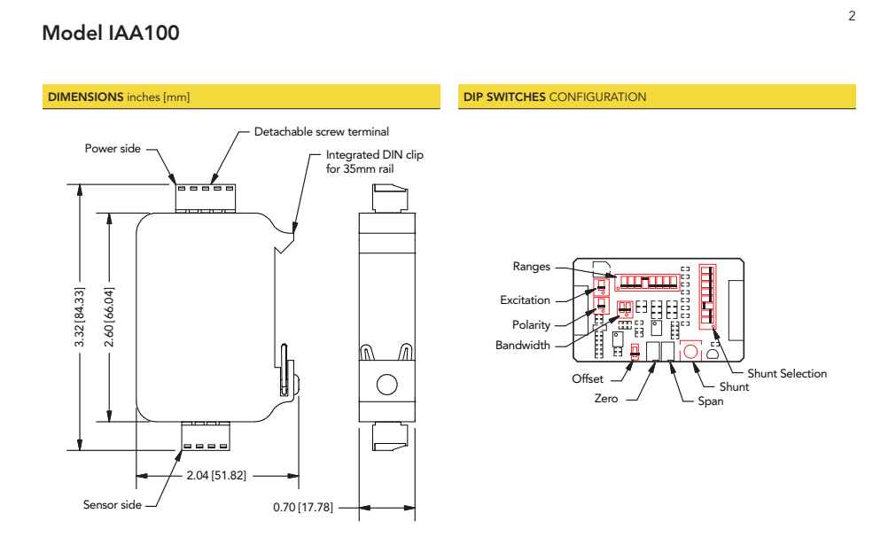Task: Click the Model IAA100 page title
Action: pos(111,34)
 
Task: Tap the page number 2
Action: pos(852,16)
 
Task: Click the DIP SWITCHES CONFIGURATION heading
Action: pos(555,97)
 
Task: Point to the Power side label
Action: pos(113,148)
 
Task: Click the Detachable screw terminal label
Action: pos(322,132)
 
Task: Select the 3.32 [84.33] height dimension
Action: pos(81,317)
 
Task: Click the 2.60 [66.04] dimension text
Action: pos(111,317)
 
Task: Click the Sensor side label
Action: pos(113,505)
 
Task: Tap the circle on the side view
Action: pos(386,385)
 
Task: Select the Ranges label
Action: pos(532,266)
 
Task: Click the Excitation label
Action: pos(525,300)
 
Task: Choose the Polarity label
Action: pos(531,325)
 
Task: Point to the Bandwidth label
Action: pos(522,345)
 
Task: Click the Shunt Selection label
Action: pos(786,373)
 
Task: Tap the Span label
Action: pos(710,401)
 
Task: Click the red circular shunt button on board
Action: pos(690,351)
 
